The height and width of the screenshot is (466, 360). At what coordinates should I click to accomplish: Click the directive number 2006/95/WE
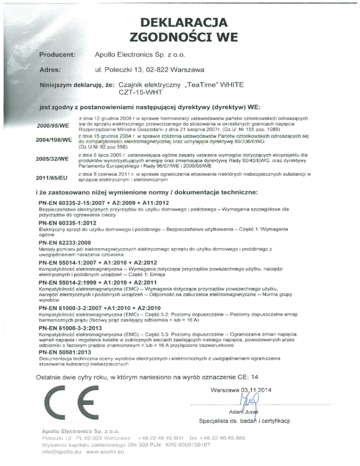(52, 125)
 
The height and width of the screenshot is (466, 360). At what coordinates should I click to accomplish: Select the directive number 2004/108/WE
(52, 139)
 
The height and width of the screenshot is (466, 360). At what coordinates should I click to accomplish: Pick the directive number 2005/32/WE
(52, 158)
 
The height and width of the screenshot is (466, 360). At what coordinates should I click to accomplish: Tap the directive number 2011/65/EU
(52, 177)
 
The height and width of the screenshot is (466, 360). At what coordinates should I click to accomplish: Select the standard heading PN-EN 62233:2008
(67, 243)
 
